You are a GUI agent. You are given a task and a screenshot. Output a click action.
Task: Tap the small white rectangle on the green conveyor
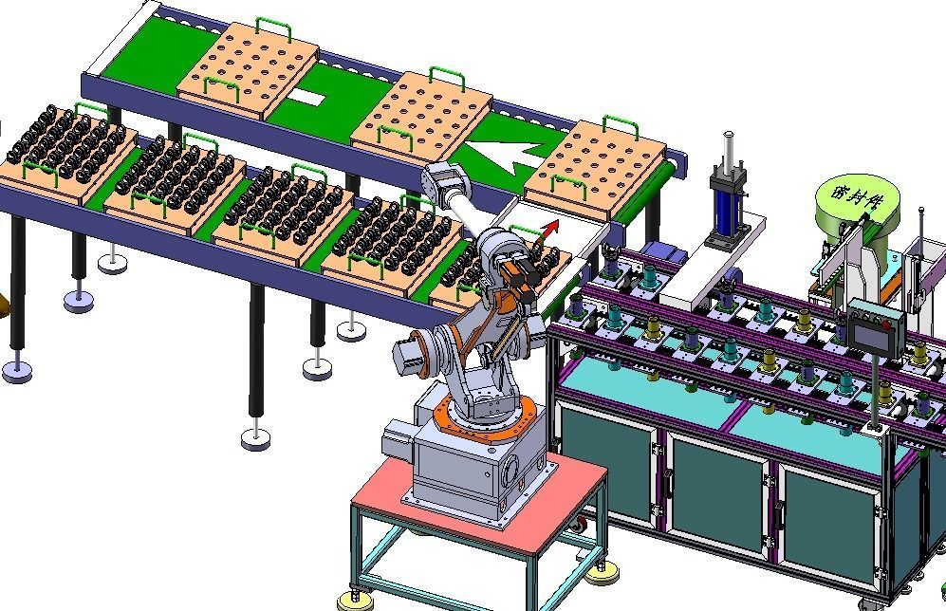(306, 97)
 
